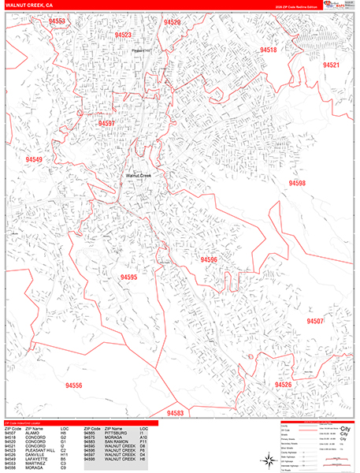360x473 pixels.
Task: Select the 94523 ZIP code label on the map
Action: pos(123,35)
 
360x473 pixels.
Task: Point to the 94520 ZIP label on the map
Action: pos(172,23)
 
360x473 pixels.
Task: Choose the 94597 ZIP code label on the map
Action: pos(106,123)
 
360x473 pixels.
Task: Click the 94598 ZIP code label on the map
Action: pos(297,183)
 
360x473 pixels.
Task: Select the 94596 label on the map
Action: pos(208,259)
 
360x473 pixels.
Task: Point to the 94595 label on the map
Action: pos(128,277)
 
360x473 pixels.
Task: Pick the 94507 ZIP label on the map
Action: pos(315,322)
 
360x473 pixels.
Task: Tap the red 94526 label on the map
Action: pos(283,385)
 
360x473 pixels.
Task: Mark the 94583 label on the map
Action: pos(175,413)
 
